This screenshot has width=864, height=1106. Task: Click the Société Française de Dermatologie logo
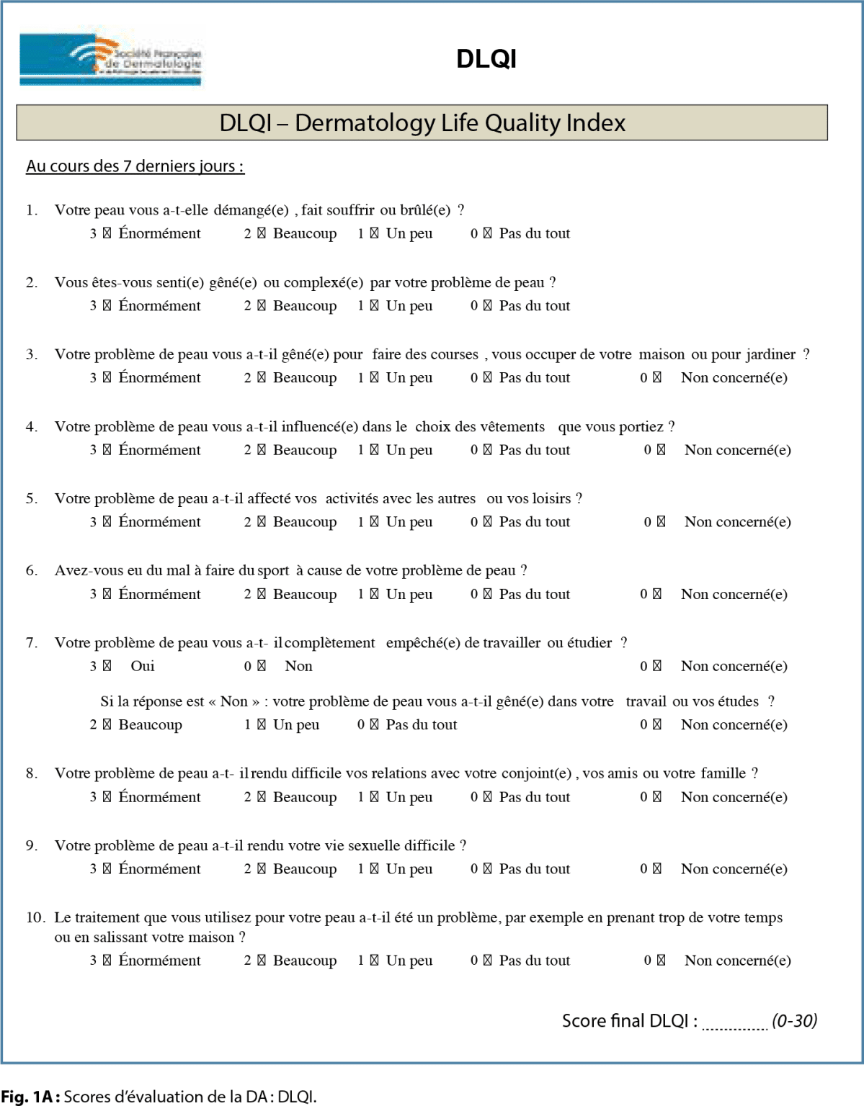[x=111, y=60]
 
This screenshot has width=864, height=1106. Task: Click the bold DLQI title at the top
[x=486, y=59]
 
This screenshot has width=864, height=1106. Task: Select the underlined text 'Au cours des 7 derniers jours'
[x=135, y=166]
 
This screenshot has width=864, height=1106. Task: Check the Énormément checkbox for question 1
[x=107, y=234]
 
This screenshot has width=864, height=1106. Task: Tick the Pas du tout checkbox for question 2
[x=488, y=306]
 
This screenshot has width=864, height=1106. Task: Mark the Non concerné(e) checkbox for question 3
[x=657, y=378]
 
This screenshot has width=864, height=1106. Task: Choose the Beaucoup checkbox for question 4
[x=262, y=451]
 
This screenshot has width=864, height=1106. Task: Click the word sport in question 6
[x=273, y=571]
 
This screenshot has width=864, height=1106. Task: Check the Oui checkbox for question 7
[x=107, y=667]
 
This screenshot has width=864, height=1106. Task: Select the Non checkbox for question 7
[x=262, y=667]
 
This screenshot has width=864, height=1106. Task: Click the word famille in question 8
[x=723, y=773]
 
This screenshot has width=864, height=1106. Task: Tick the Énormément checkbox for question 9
[x=107, y=869]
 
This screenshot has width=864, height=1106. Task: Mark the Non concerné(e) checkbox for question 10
[x=661, y=961]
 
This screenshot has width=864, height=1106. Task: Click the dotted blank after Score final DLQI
[x=734, y=1024]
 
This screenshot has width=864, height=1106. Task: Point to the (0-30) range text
[x=794, y=1021]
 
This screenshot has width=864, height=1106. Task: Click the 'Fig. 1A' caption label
[x=30, y=1097]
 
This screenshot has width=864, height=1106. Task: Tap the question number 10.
[x=35, y=918]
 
